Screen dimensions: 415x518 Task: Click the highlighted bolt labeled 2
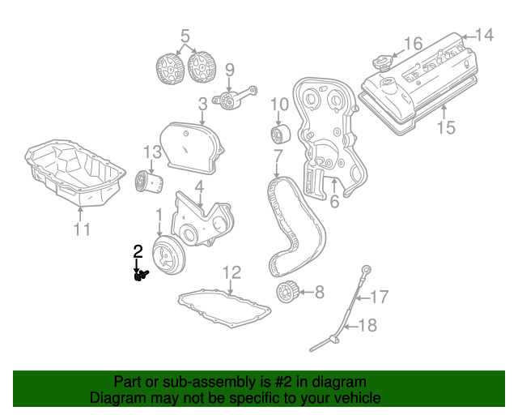(x=142, y=276)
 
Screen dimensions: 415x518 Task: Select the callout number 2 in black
(x=138, y=252)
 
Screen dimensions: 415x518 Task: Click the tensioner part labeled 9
(x=230, y=100)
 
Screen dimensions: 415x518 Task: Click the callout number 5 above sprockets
(x=185, y=36)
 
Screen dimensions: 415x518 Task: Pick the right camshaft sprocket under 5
(x=199, y=67)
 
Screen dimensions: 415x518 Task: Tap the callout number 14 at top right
(x=483, y=35)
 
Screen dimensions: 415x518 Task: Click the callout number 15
(x=447, y=127)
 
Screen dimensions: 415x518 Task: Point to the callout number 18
(x=368, y=326)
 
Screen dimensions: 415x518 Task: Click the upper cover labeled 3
(x=188, y=146)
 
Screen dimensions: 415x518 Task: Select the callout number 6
(x=333, y=203)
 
